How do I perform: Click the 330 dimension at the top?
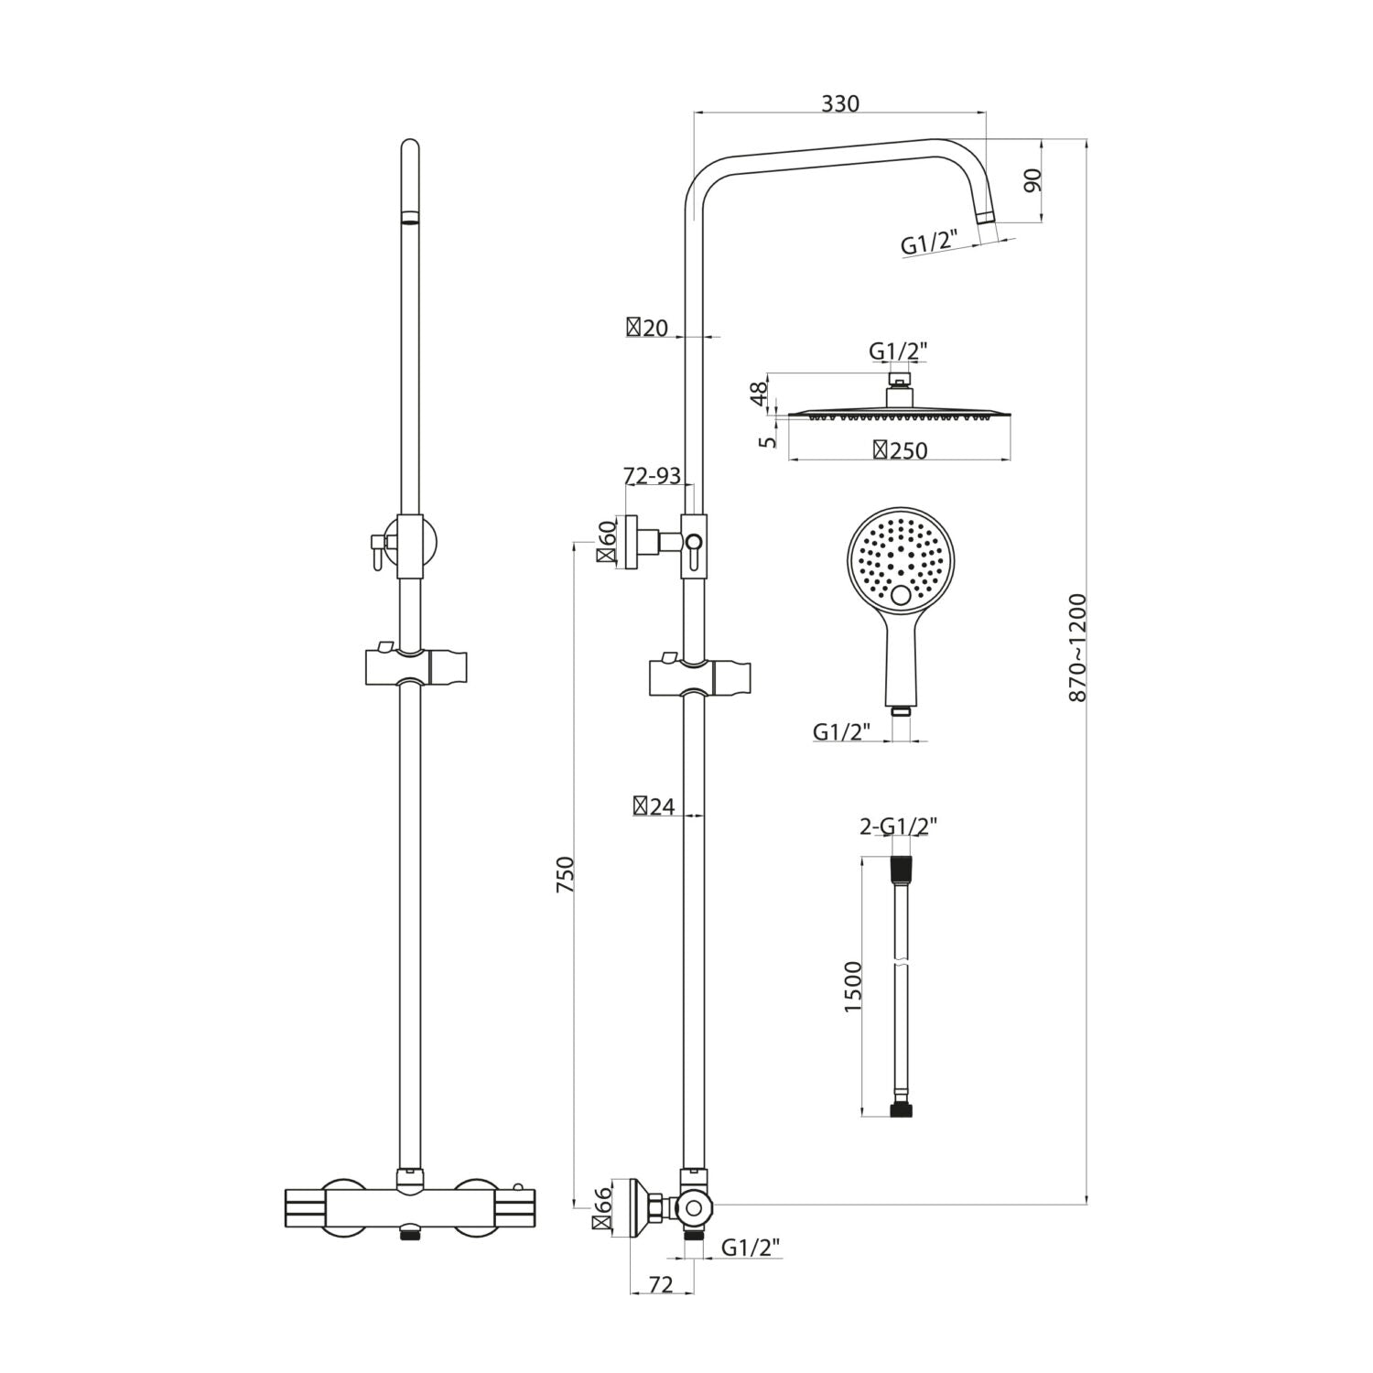pos(839,103)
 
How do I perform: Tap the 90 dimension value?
pos(1032,180)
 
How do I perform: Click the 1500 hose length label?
pos(853,986)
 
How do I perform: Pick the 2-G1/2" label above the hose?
pos(898,827)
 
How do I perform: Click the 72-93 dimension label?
pos(652,476)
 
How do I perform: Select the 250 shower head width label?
pos(901,450)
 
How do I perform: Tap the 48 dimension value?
pos(759,394)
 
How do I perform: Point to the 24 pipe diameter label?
pos(654,806)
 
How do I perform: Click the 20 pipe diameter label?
pos(647,328)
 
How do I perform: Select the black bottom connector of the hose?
pos(902,1110)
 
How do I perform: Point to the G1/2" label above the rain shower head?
pos(898,351)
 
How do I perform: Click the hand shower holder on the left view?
pos(416,665)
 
